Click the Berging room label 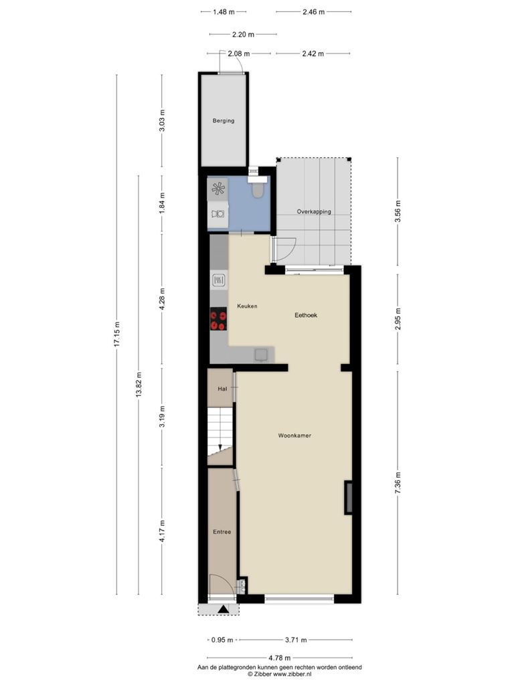(224, 120)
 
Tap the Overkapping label (314, 211)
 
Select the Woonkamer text (294, 435)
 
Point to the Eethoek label (306, 315)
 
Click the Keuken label (247, 306)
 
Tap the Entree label (222, 532)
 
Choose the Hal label (222, 389)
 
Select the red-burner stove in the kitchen (219, 319)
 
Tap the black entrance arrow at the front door (223, 609)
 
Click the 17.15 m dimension (116, 334)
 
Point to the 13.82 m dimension (139, 385)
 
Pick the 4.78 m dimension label (279, 658)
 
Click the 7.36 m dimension (398, 483)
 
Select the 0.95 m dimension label (222, 640)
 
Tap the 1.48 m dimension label (224, 12)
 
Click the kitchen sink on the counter (262, 355)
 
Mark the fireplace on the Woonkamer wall (349, 498)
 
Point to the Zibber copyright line (279, 674)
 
